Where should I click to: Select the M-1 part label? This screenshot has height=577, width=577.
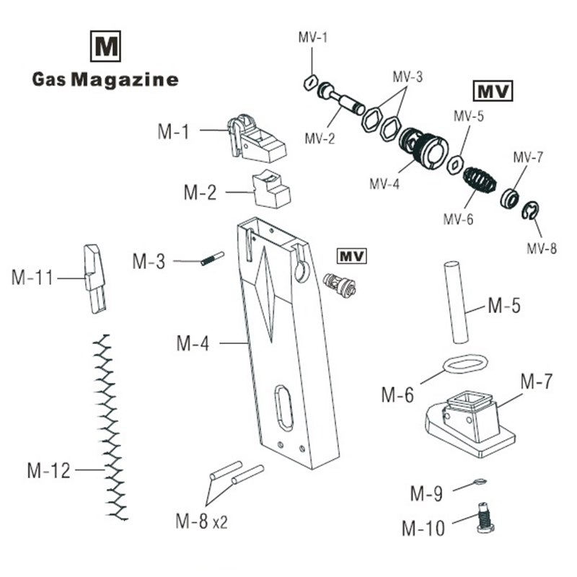click(173, 131)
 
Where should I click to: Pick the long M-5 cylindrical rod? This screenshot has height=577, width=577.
click(456, 304)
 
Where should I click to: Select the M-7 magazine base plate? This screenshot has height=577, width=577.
click(471, 422)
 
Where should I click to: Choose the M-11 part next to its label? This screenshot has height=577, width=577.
click(94, 278)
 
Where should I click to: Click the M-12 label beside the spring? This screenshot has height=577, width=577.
click(49, 471)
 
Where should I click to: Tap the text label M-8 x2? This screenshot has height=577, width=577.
click(201, 520)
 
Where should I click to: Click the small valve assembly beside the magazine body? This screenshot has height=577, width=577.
click(339, 284)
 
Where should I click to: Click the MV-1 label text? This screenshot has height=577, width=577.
click(312, 38)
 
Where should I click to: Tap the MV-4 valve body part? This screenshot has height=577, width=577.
click(422, 148)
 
